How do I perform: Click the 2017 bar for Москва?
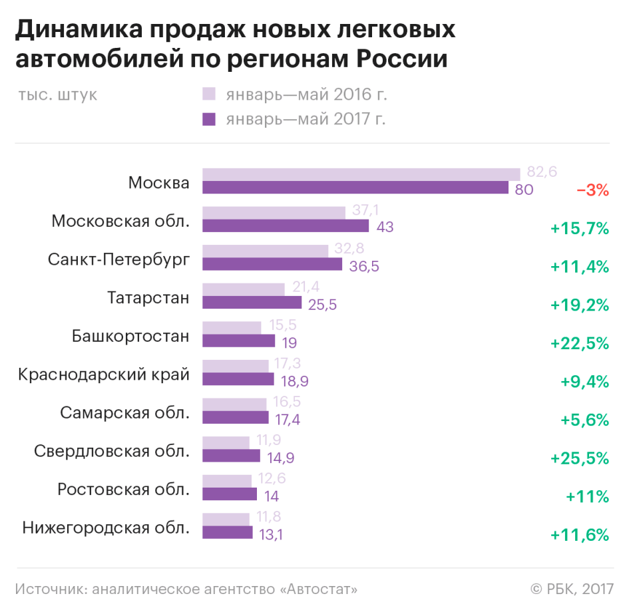[355, 188]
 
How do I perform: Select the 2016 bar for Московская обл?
[274, 213]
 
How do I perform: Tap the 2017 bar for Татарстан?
[252, 303]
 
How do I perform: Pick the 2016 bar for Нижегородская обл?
[226, 519]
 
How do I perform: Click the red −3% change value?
[592, 190]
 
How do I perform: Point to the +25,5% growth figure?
[580, 458]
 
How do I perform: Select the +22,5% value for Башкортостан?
[580, 343]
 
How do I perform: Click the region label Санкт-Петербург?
[118, 259]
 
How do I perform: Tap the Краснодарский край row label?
[104, 375]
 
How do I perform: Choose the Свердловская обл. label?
[112, 451]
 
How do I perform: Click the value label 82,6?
[541, 172]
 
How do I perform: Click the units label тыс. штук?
[58, 94]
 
